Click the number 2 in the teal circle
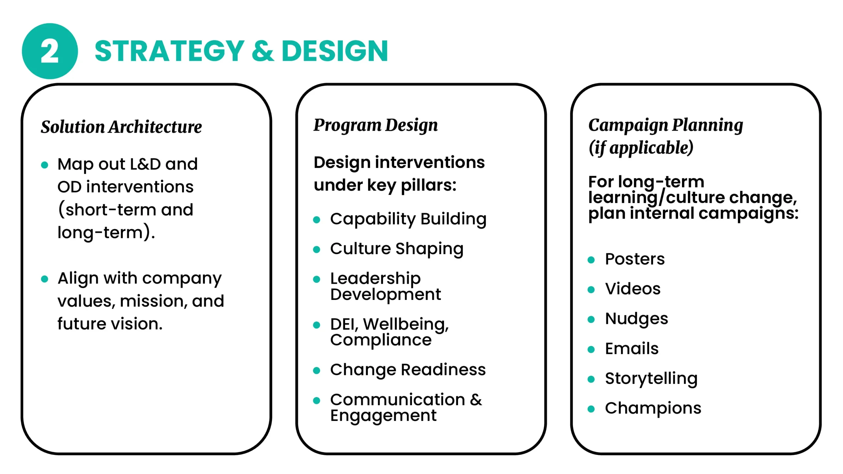pos(49,51)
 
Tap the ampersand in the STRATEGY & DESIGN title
pos(263,51)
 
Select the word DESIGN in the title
pos(335,51)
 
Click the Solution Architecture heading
pos(121,127)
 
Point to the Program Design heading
pos(376,125)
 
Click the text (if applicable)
pos(641,148)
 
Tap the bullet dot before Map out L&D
pos(44,165)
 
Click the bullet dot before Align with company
pos(44,279)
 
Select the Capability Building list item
pos(408,219)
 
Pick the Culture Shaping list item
pos(397,249)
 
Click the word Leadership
pos(375,278)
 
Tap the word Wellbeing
pos(406,325)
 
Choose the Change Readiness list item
pos(408,370)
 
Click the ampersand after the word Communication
pos(476,400)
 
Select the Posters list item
pos(635,259)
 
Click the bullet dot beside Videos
pos(591,290)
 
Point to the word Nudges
pos(637,319)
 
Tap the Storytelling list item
pos(651,379)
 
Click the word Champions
pos(653,408)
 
